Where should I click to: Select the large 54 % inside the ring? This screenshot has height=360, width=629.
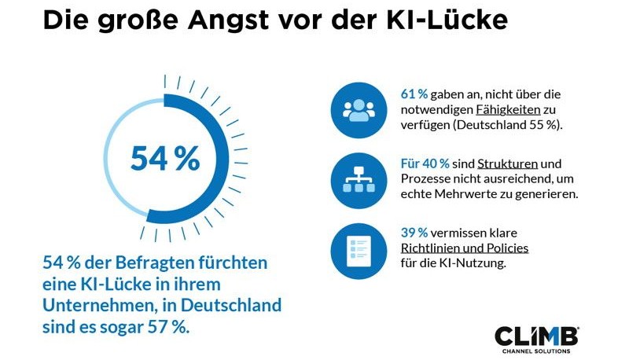click(165, 158)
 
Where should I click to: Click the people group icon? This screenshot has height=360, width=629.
click(359, 111)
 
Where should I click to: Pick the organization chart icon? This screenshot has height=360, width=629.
click(359, 182)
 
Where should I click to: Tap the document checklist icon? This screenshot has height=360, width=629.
click(359, 252)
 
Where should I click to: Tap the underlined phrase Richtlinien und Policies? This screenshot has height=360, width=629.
click(464, 248)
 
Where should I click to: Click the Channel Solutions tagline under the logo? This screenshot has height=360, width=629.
click(536, 351)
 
